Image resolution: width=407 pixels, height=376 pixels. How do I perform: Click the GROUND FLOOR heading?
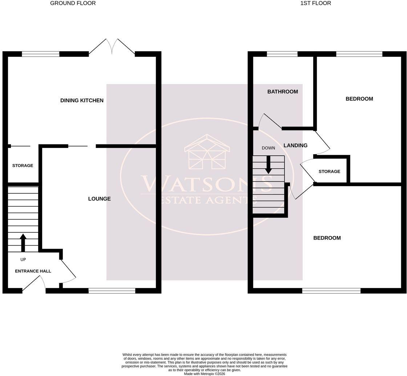pyautogui.click(x=73, y=3)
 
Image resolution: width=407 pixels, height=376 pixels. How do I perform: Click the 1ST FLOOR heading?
pyautogui.click(x=316, y=3)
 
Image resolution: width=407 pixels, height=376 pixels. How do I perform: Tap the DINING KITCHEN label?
pyautogui.click(x=82, y=100)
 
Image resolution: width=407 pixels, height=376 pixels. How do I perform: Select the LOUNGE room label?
pyautogui.click(x=100, y=199)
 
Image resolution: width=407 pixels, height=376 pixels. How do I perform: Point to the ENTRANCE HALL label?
pyautogui.click(x=33, y=271)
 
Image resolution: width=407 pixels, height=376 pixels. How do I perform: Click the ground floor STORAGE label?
pyautogui.click(x=23, y=165)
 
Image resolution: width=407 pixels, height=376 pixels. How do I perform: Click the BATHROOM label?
pyautogui.click(x=283, y=92)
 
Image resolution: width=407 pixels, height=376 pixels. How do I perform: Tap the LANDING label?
pyautogui.click(x=295, y=145)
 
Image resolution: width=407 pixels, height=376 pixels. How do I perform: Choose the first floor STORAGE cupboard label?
pyautogui.click(x=329, y=171)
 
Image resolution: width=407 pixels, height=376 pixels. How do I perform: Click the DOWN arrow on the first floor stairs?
pyautogui.click(x=269, y=165)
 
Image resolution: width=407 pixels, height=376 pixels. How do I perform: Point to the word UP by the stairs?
pyautogui.click(x=23, y=259)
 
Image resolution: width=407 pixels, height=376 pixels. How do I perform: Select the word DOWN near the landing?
pyautogui.click(x=269, y=148)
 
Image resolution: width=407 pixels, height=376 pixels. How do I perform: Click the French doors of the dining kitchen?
pyautogui.click(x=112, y=47)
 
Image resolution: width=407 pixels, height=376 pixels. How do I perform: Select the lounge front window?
pyautogui.click(x=112, y=291)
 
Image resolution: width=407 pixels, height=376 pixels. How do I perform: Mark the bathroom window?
pyautogui.click(x=282, y=54)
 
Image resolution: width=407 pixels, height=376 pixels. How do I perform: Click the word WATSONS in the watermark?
pyautogui.click(x=206, y=183)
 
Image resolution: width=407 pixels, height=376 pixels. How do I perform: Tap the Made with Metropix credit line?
pyautogui.click(x=205, y=374)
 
